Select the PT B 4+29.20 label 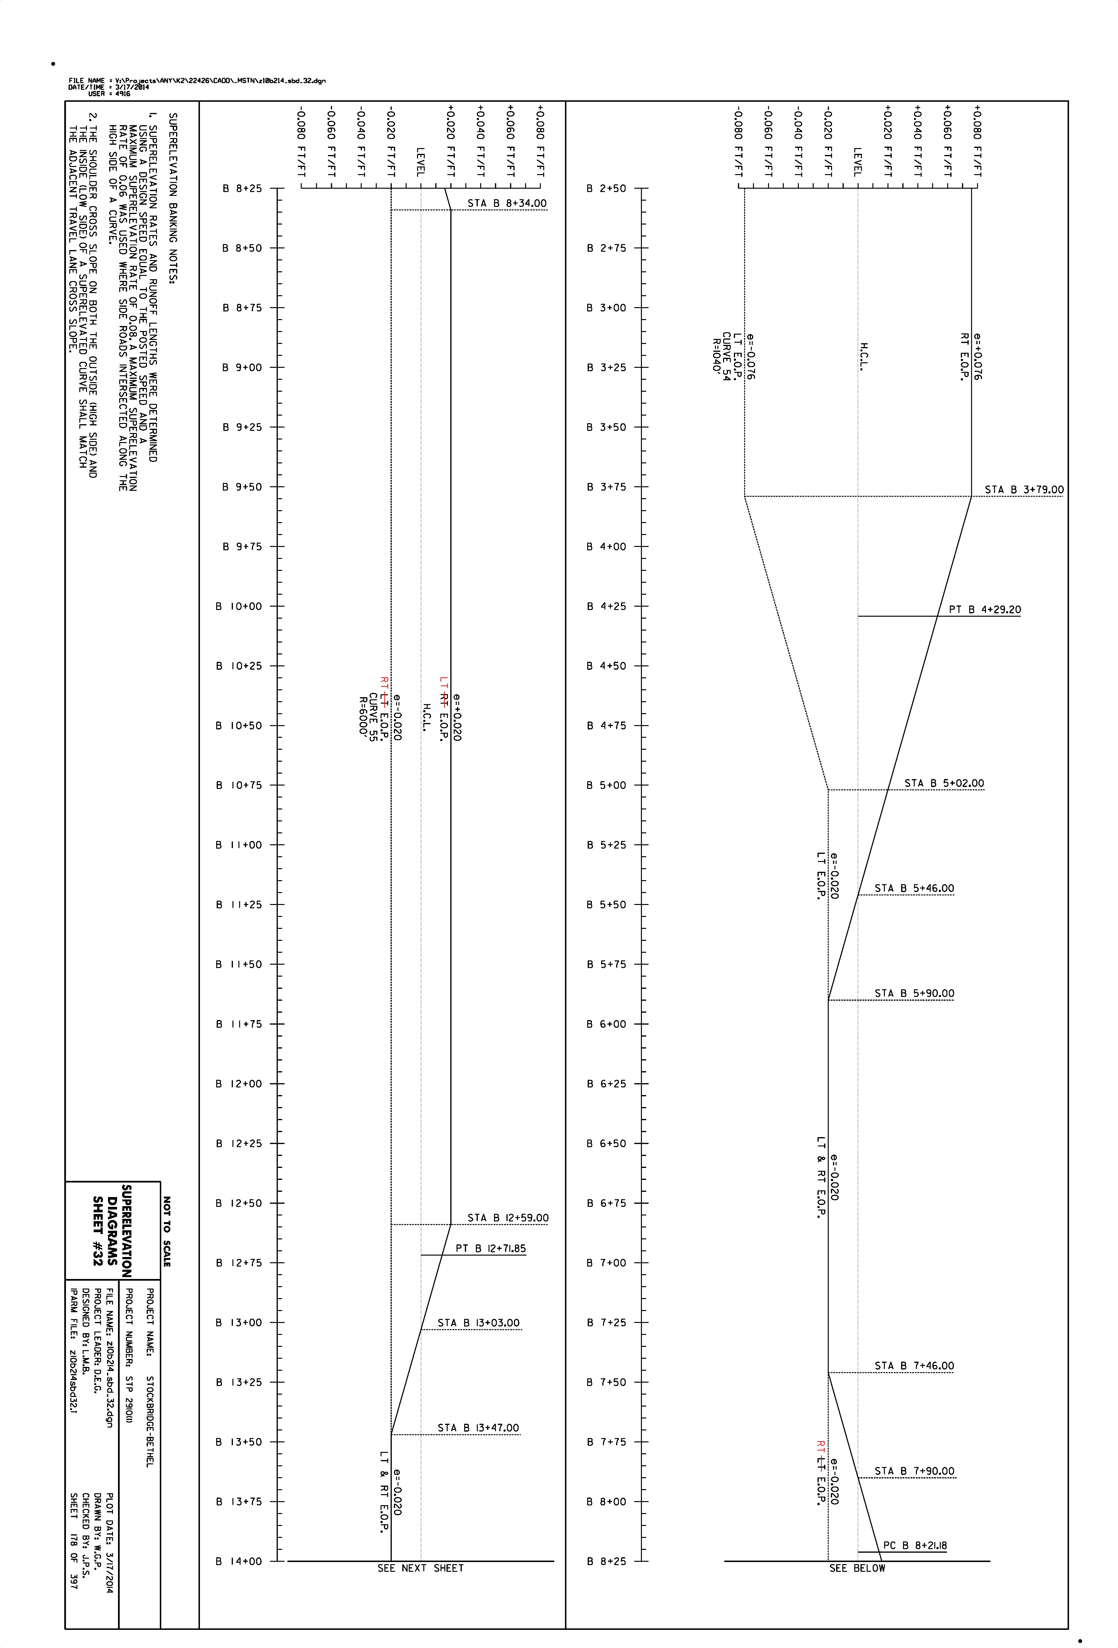tap(985, 609)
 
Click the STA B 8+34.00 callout tap(507, 203)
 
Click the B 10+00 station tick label tap(239, 606)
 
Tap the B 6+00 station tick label tap(607, 1024)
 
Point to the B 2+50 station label tap(607, 189)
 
